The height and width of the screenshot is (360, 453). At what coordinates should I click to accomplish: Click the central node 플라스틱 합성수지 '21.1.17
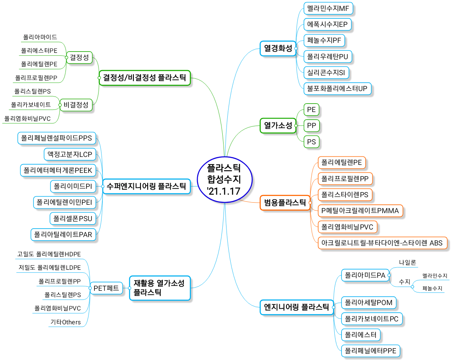point(224,180)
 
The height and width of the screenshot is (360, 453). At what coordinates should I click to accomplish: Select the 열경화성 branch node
point(278,48)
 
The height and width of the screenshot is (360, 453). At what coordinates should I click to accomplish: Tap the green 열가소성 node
point(278,126)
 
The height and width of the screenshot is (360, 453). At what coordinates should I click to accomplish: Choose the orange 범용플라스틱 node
point(285,203)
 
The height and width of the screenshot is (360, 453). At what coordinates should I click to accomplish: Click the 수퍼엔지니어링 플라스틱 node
point(146,186)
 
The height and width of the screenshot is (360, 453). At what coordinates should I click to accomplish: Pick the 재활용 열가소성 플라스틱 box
point(160,288)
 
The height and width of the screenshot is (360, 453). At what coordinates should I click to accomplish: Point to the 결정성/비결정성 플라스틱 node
point(145,78)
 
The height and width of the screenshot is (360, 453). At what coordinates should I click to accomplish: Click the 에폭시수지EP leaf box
point(327,25)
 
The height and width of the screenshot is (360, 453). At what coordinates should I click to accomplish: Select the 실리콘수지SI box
point(326,73)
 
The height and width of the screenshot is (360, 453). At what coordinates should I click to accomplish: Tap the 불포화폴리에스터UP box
point(337,89)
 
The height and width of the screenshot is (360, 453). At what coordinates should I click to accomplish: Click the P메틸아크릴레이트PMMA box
point(360,211)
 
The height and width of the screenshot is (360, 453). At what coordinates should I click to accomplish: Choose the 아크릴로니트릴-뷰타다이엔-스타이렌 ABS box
point(382,243)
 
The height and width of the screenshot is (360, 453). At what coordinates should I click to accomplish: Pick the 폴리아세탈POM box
point(369,303)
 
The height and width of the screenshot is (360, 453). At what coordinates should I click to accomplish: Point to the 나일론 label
point(407,262)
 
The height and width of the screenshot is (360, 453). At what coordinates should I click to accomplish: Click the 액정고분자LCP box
point(70,154)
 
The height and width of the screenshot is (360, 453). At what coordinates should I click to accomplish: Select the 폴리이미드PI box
point(73,186)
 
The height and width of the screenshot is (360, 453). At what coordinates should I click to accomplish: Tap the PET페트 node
point(106,288)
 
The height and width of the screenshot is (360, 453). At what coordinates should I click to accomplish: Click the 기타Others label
point(66,322)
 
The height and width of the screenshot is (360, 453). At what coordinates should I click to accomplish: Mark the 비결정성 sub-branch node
point(76,104)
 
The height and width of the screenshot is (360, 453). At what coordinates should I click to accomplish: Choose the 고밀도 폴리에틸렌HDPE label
point(49,254)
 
